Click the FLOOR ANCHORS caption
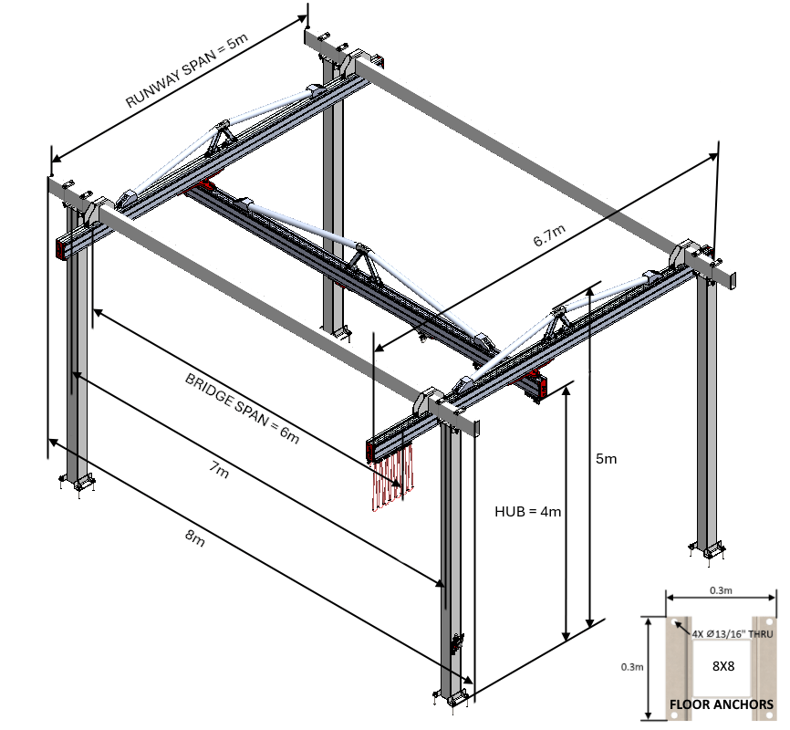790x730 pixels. click(x=722, y=704)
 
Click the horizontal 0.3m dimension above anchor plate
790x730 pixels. click(x=720, y=590)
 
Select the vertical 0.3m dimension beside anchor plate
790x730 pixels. click(x=631, y=667)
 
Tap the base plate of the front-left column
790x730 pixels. click(x=77, y=481)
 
